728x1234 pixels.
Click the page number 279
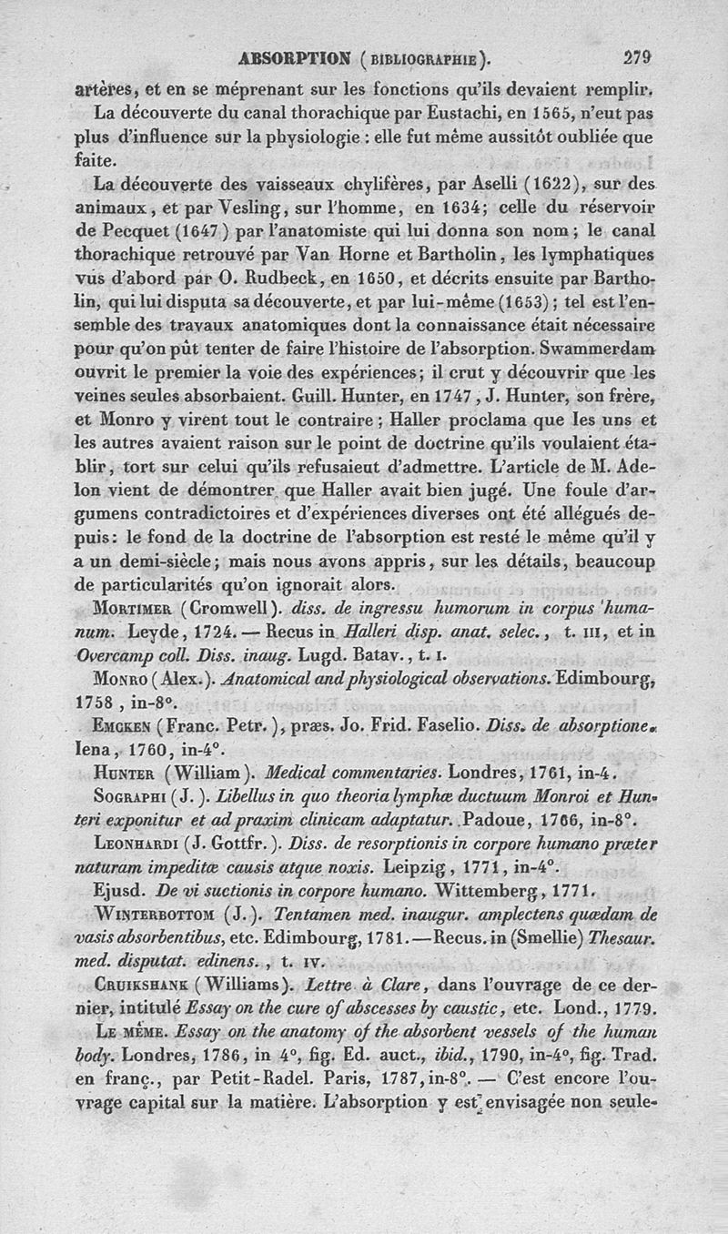639,57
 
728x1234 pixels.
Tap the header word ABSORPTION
287,60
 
